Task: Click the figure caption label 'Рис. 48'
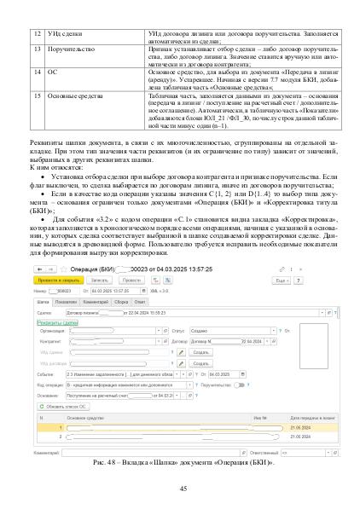pyautogui.click(x=105, y=461)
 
